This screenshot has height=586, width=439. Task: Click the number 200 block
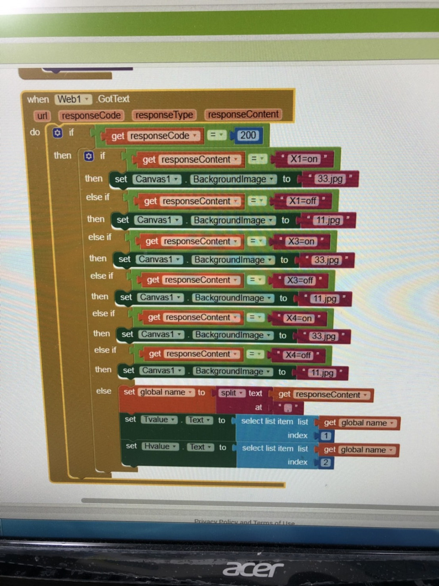(x=248, y=136)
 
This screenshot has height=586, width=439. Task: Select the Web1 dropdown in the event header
(x=73, y=99)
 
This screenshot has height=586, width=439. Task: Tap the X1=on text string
(x=304, y=159)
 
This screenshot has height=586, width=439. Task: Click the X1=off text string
(x=303, y=201)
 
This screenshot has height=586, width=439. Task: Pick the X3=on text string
(x=301, y=242)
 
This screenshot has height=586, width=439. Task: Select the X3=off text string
(x=300, y=281)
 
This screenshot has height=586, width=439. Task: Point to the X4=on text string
(x=299, y=318)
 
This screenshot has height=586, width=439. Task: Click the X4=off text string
(x=298, y=355)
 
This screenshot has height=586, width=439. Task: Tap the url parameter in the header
(x=42, y=116)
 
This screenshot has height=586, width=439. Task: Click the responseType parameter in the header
(x=164, y=115)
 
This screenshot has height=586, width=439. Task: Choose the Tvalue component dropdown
(x=159, y=420)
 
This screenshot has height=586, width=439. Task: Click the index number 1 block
(x=326, y=436)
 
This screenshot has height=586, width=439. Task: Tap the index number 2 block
(x=326, y=462)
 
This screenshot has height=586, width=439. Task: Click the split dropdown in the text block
(x=232, y=393)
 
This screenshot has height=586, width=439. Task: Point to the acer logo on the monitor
(x=253, y=569)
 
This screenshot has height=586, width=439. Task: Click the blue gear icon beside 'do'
(x=57, y=133)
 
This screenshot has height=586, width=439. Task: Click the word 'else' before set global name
(x=104, y=391)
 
